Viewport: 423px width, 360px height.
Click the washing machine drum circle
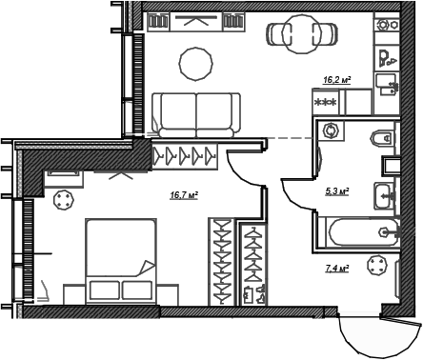332,130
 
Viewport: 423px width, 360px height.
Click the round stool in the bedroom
64,201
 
